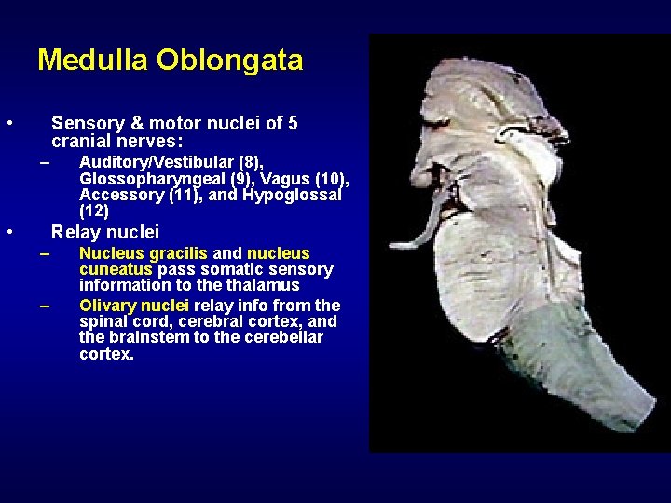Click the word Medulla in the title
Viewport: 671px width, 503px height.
[93, 61]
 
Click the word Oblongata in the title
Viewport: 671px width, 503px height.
[229, 61]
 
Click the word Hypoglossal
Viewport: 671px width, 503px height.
[292, 195]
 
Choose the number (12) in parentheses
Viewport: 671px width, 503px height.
[94, 211]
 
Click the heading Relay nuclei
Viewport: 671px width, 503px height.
[105, 232]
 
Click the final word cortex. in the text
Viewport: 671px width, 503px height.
[106, 354]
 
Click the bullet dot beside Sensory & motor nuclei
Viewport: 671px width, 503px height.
[8, 123]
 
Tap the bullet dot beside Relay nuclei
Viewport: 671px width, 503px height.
[8, 232]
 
